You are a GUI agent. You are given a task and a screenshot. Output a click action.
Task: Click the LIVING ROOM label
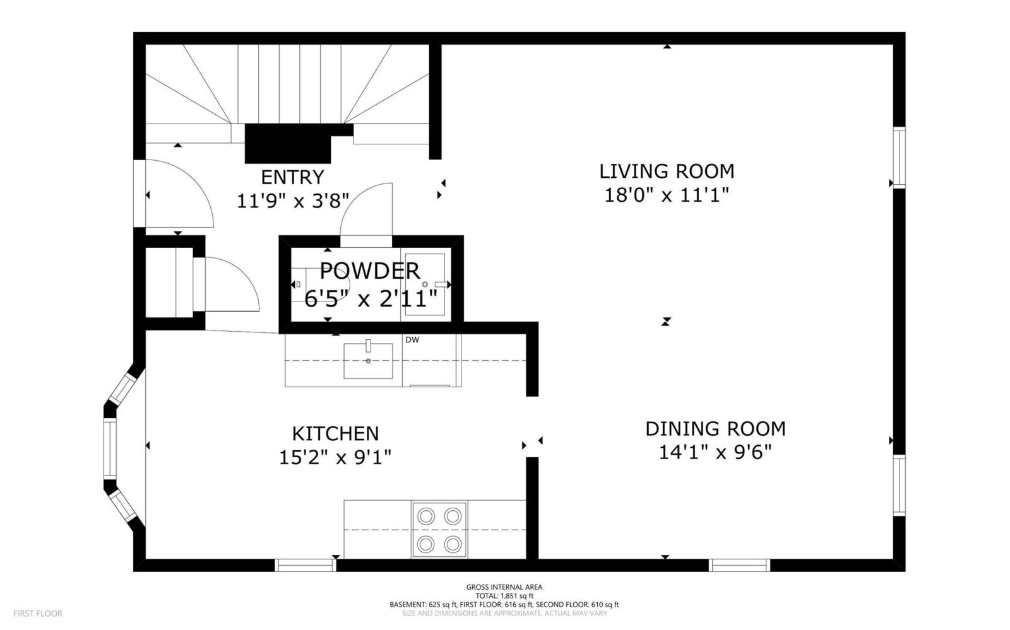click(x=667, y=172)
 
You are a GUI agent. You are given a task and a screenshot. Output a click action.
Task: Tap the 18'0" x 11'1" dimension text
click(x=667, y=195)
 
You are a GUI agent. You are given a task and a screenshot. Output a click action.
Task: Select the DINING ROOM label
click(x=716, y=429)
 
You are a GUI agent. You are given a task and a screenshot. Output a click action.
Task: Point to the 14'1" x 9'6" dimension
click(x=716, y=452)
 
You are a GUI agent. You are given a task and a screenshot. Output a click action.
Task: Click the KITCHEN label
click(x=335, y=434)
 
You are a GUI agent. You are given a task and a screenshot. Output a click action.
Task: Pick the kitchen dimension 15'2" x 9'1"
click(x=335, y=458)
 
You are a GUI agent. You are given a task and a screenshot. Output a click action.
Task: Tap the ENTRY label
click(x=293, y=177)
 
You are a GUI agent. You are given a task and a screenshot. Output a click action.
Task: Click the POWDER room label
click(x=370, y=271)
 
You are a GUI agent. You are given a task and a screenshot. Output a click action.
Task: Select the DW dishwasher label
click(x=412, y=340)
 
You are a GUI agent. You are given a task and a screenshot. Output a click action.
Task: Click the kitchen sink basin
click(x=368, y=361)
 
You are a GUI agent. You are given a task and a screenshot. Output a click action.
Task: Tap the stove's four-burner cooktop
click(x=439, y=530)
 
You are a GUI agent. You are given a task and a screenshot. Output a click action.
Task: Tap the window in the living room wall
click(x=899, y=158)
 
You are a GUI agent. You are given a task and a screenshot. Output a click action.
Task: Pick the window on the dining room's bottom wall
click(x=739, y=565)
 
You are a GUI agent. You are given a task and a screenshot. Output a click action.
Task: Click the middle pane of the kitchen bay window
click(x=110, y=448)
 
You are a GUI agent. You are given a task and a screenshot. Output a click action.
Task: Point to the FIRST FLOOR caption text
click(x=38, y=614)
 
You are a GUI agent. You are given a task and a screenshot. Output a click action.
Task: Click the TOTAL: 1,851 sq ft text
click(x=504, y=596)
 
